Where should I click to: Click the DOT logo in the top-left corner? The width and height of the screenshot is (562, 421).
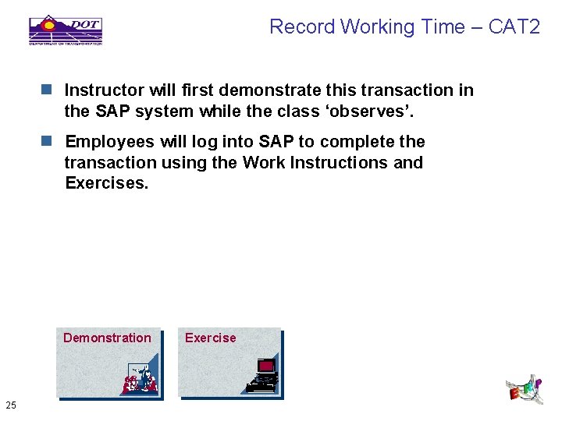pos(66,29)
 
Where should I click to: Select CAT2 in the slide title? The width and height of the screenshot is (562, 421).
pos(514,27)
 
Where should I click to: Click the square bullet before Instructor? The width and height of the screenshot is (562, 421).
pos(48,90)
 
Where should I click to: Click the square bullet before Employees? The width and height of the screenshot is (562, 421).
pos(48,142)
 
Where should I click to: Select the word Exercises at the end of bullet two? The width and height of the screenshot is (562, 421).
pos(105,183)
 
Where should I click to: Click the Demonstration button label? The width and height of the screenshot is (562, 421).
pos(107,338)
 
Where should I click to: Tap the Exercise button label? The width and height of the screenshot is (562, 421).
pos(210,338)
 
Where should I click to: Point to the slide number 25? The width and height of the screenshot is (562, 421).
pos(11,404)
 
